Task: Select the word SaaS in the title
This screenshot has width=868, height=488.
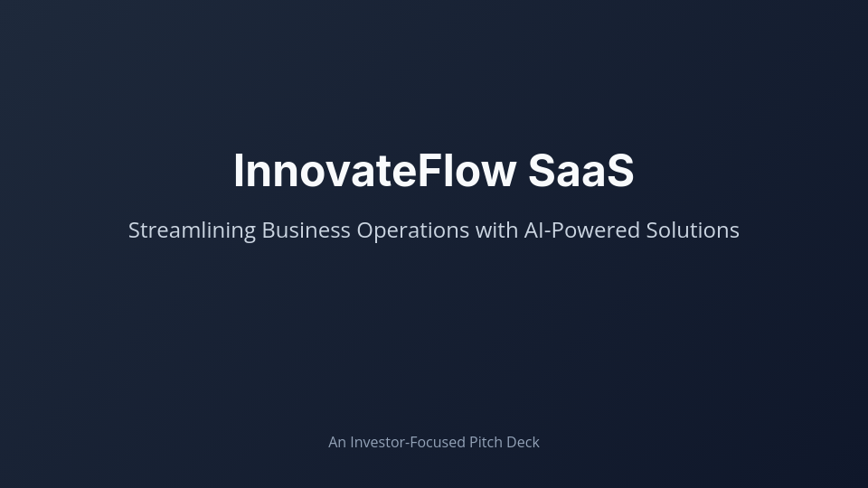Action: (580, 171)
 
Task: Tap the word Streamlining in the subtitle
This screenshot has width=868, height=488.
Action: (192, 230)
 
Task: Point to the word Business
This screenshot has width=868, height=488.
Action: (306, 230)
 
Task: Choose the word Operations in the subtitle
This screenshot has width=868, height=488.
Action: (412, 230)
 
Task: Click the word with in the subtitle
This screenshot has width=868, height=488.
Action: (496, 230)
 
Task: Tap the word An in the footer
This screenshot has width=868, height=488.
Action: (337, 442)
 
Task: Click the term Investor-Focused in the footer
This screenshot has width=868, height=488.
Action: (408, 442)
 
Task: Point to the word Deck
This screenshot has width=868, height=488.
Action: (524, 442)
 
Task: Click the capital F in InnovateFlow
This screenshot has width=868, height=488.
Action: (429, 171)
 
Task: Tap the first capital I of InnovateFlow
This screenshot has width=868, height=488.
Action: (240, 171)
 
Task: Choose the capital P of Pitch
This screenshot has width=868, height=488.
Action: (474, 442)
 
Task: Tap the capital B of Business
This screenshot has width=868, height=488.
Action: (269, 230)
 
